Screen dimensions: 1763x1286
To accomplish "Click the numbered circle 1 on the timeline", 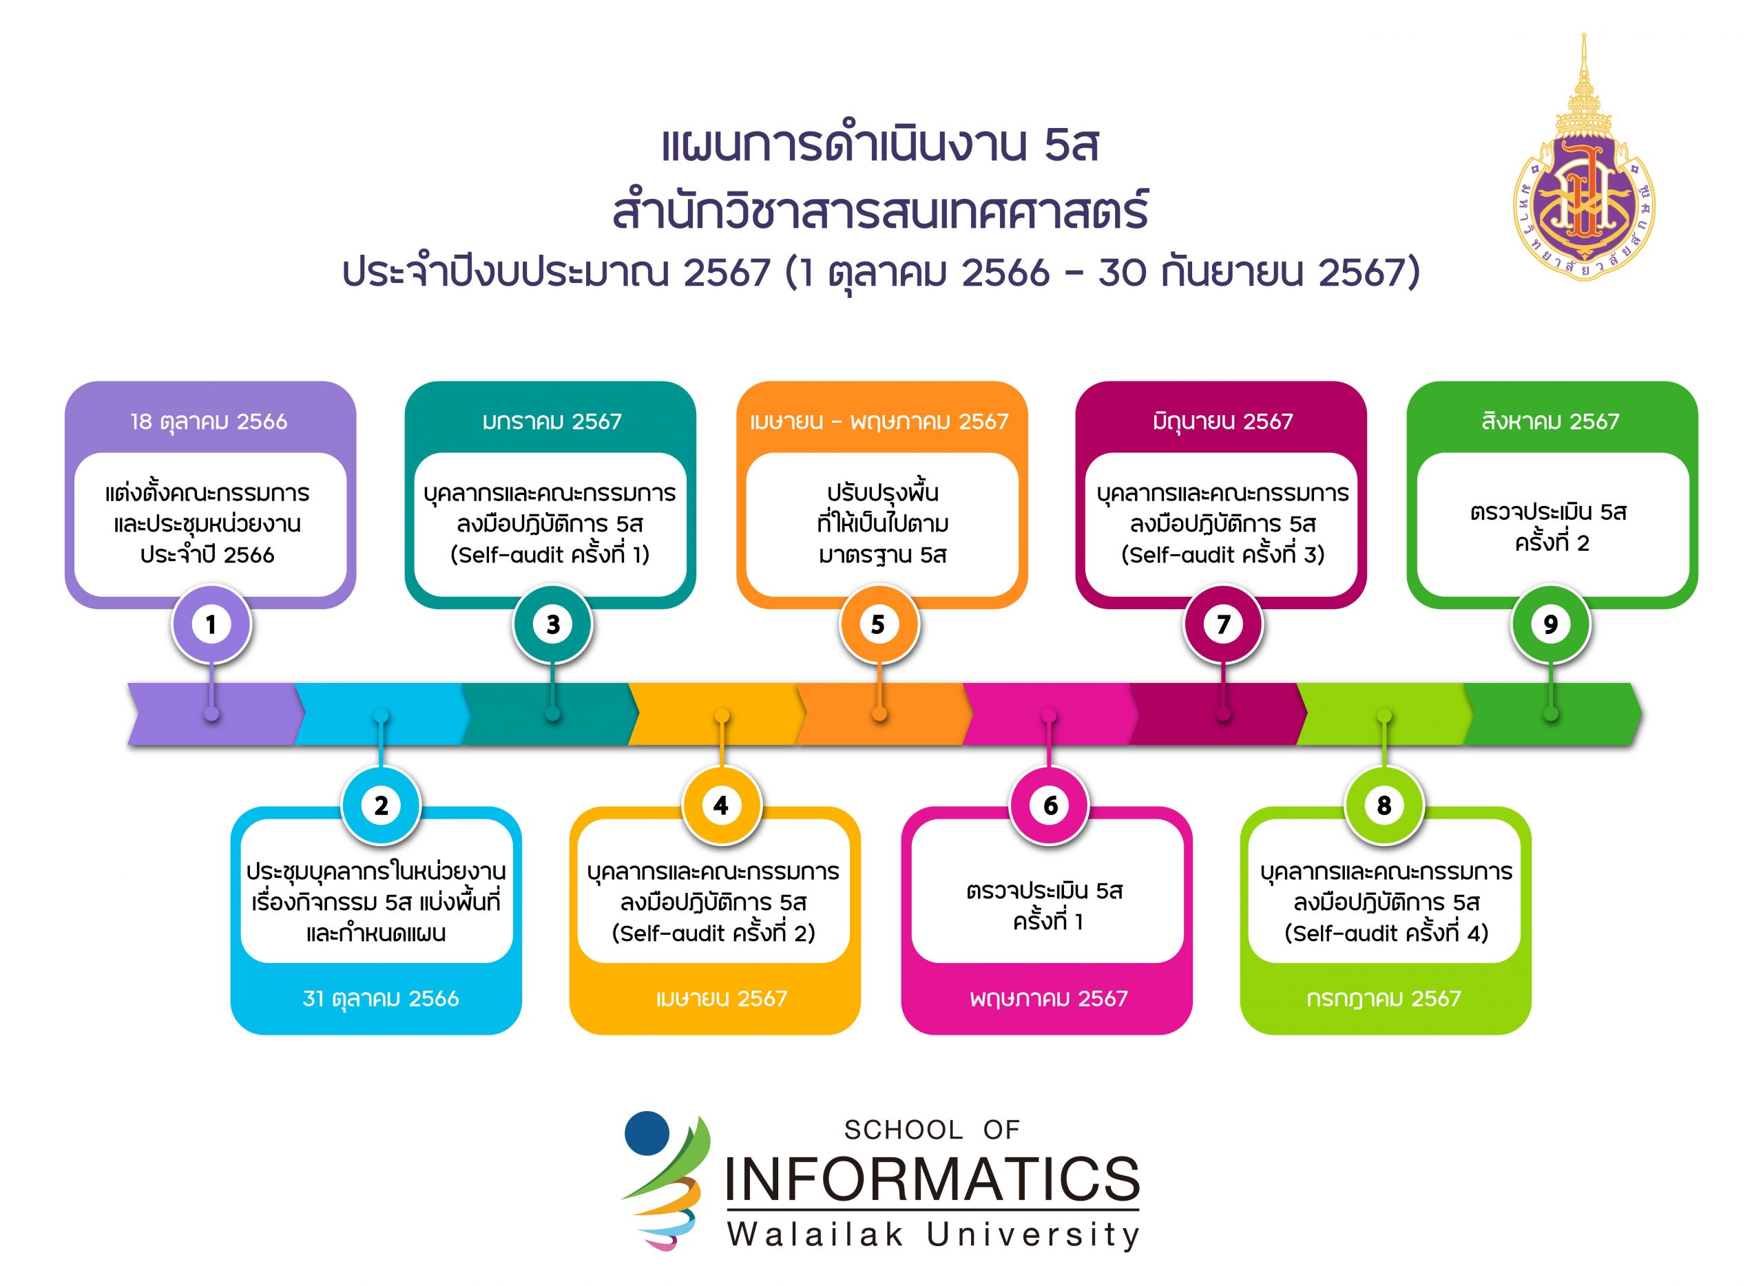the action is (x=211, y=624).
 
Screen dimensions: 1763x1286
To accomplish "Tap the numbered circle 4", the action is (x=722, y=805).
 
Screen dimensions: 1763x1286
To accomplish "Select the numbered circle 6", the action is (x=1049, y=805).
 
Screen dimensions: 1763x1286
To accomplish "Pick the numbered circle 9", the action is (x=1550, y=624).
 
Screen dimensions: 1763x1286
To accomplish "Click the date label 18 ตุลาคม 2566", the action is (x=209, y=422).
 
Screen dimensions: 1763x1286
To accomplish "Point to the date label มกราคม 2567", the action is (x=552, y=422).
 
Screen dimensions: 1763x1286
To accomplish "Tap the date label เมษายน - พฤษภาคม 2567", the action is (x=879, y=422).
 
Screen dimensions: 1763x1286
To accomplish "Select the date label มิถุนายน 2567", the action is (x=1222, y=422).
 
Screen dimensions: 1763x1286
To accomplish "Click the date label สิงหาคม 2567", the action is (x=1550, y=421).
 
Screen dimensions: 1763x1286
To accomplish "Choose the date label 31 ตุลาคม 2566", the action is (x=381, y=999).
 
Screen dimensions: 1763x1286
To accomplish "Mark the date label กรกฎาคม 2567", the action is (x=1384, y=999).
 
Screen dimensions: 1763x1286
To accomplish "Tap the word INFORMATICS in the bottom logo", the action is (x=932, y=1178).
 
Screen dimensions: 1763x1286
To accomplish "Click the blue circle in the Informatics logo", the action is (x=647, y=1132).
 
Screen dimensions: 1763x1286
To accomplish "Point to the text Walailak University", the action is (x=933, y=1234).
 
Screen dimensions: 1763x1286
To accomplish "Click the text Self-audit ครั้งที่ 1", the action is (x=550, y=554).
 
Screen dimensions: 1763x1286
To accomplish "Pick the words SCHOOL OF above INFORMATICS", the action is (x=932, y=1130).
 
